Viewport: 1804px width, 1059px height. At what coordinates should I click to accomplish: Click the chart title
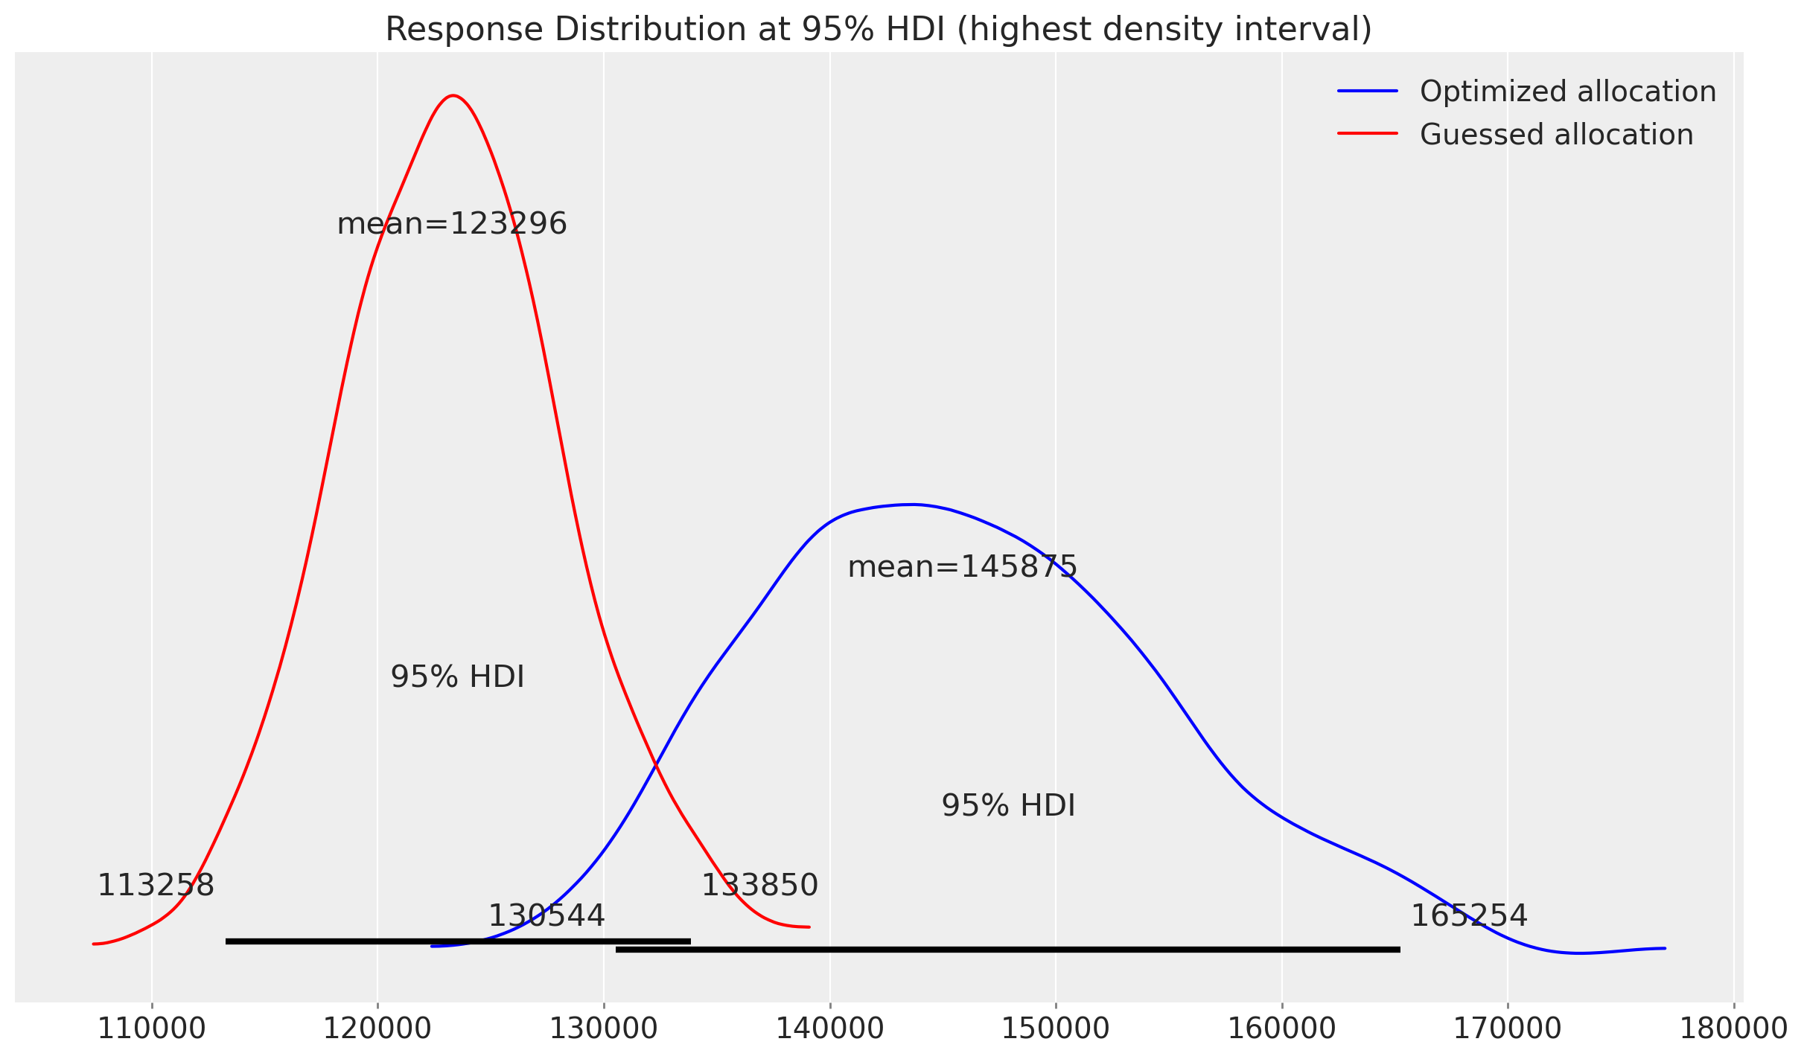879,30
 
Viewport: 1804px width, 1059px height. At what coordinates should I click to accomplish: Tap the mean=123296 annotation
452,224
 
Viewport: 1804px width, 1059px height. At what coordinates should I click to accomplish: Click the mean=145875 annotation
962,567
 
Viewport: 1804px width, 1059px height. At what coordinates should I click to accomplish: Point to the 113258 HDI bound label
156,886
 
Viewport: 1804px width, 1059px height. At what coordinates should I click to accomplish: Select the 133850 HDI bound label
759,886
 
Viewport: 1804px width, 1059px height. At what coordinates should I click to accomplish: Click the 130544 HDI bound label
546,916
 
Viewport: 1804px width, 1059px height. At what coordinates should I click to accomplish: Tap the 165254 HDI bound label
1469,916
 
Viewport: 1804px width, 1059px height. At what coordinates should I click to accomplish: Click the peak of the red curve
453,96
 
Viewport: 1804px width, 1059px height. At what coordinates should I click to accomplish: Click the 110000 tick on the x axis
152,1028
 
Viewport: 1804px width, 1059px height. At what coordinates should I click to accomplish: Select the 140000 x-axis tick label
830,1028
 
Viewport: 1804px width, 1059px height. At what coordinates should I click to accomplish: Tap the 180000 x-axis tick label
1733,1028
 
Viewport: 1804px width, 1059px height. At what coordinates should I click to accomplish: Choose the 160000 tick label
1282,1028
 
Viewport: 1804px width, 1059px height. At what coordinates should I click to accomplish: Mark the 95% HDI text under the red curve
457,677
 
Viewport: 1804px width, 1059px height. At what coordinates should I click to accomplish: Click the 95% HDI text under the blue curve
1008,806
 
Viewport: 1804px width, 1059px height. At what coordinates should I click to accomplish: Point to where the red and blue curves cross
655,764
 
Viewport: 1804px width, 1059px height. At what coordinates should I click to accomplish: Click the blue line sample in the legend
1368,92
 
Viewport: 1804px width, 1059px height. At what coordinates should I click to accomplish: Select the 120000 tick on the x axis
377,1028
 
